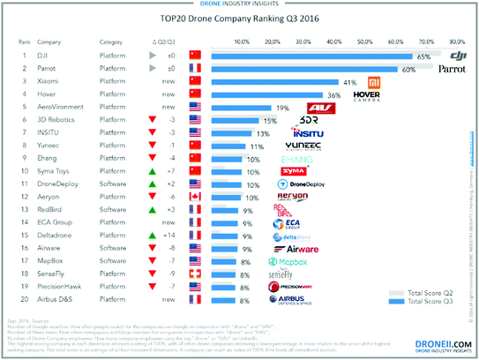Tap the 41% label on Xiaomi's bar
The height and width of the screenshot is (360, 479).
(x=349, y=81)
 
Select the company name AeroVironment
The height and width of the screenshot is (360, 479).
(x=66, y=108)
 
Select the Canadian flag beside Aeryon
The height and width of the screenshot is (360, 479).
(x=195, y=198)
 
